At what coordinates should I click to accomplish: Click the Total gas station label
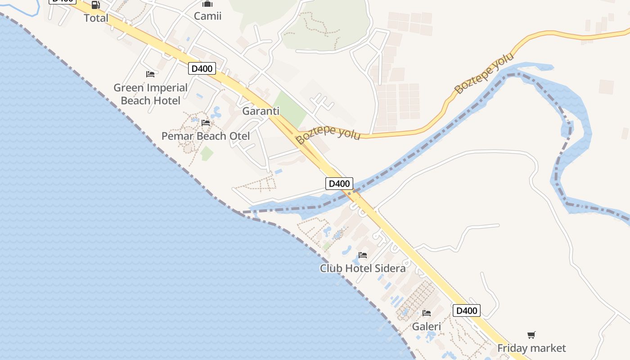96,18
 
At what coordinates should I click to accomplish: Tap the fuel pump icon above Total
96,5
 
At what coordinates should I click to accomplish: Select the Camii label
207,16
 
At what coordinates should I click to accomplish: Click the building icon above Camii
207,4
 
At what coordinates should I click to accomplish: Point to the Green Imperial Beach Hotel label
150,94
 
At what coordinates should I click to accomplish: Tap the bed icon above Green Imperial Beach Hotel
150,74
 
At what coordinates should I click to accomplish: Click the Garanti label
261,111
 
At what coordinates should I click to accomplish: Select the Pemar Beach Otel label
206,136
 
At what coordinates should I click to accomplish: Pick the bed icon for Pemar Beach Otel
206,122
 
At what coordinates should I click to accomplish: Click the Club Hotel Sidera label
363,268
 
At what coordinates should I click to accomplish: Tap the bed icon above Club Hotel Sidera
363,255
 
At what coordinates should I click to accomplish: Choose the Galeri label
427,326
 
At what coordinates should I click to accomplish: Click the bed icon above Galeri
427,313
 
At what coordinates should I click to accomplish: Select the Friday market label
531,348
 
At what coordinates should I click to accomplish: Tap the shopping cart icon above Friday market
531,335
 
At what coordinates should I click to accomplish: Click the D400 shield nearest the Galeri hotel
467,310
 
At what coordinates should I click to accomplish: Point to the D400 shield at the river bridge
339,183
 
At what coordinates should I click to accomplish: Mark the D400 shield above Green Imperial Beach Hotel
202,69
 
